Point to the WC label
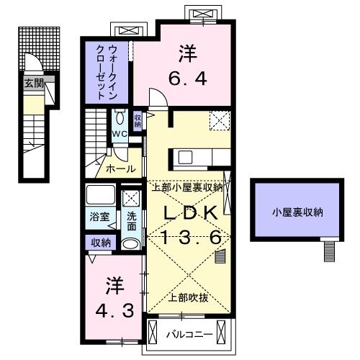(119, 133)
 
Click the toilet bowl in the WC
(120, 117)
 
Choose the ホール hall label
(120, 169)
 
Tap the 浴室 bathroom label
(99, 216)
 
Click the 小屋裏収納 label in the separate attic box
(297, 212)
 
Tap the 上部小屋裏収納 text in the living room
(186, 186)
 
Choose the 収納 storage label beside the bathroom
(101, 243)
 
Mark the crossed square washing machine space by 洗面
(131, 199)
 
